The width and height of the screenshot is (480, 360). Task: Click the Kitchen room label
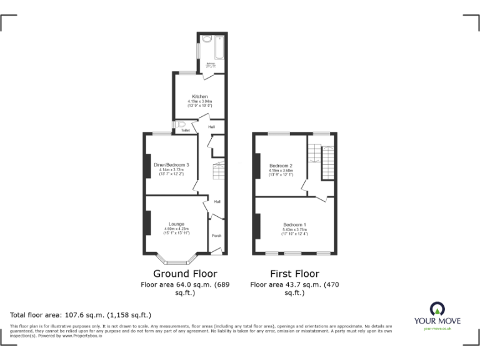click(x=200, y=96)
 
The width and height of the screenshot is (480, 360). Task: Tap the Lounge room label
click(x=176, y=224)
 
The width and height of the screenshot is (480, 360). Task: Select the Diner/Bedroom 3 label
click(x=171, y=164)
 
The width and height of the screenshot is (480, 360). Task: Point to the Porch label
click(x=217, y=236)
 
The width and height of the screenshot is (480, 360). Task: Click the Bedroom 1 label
click(x=294, y=224)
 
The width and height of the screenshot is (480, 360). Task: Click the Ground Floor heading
click(x=185, y=274)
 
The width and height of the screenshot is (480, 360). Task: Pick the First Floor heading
click(x=294, y=274)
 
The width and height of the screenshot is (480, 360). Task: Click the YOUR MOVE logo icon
click(x=437, y=308)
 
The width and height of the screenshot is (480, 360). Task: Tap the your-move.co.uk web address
click(x=437, y=328)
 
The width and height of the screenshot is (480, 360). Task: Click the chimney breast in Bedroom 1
click(x=257, y=226)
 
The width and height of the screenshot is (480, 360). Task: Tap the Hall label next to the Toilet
click(x=212, y=127)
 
